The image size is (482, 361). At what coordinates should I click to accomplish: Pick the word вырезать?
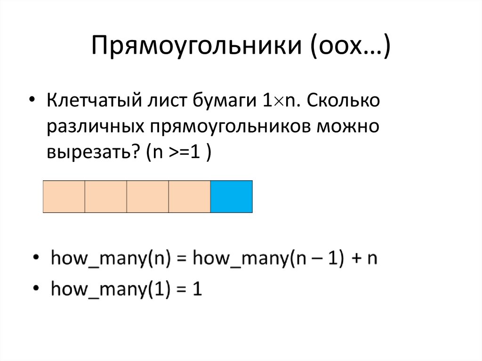pos(92,153)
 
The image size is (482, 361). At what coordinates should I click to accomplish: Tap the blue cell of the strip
pos(231,196)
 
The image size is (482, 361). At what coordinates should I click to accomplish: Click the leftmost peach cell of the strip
pos(64,196)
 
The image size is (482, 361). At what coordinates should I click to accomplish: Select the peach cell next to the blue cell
pos(189,196)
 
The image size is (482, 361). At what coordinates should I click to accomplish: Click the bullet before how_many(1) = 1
pos(36,288)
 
